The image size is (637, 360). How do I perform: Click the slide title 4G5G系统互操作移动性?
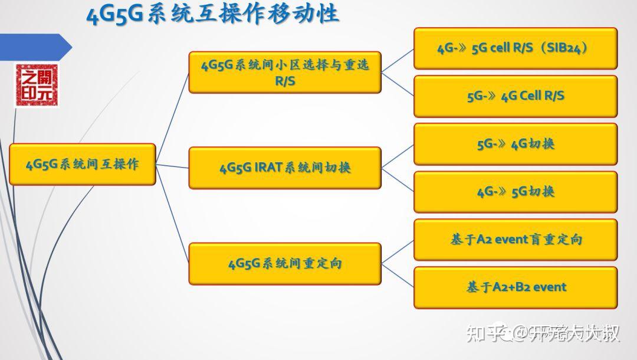pyautogui.click(x=212, y=14)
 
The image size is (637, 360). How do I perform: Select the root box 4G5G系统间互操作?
pyautogui.click(x=82, y=164)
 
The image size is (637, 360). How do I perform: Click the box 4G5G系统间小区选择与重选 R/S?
pyautogui.click(x=285, y=72)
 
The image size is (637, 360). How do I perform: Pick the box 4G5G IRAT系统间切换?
pyautogui.click(x=285, y=168)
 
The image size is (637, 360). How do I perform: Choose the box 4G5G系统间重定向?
pyautogui.click(x=285, y=263)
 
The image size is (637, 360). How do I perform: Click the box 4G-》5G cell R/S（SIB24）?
pyautogui.click(x=515, y=48)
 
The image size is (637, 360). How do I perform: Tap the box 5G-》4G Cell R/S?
pyautogui.click(x=515, y=96)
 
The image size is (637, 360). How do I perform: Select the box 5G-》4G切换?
pyautogui.click(x=515, y=144)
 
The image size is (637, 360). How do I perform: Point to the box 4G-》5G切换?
pyautogui.click(x=515, y=192)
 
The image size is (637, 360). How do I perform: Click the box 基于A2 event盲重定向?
pyautogui.click(x=515, y=240)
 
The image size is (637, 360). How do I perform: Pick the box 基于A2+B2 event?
pyautogui.click(x=515, y=287)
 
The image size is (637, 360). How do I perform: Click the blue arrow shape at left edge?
pyautogui.click(x=35, y=47)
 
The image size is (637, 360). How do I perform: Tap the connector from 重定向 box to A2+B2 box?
pyautogui.click(x=398, y=275)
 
